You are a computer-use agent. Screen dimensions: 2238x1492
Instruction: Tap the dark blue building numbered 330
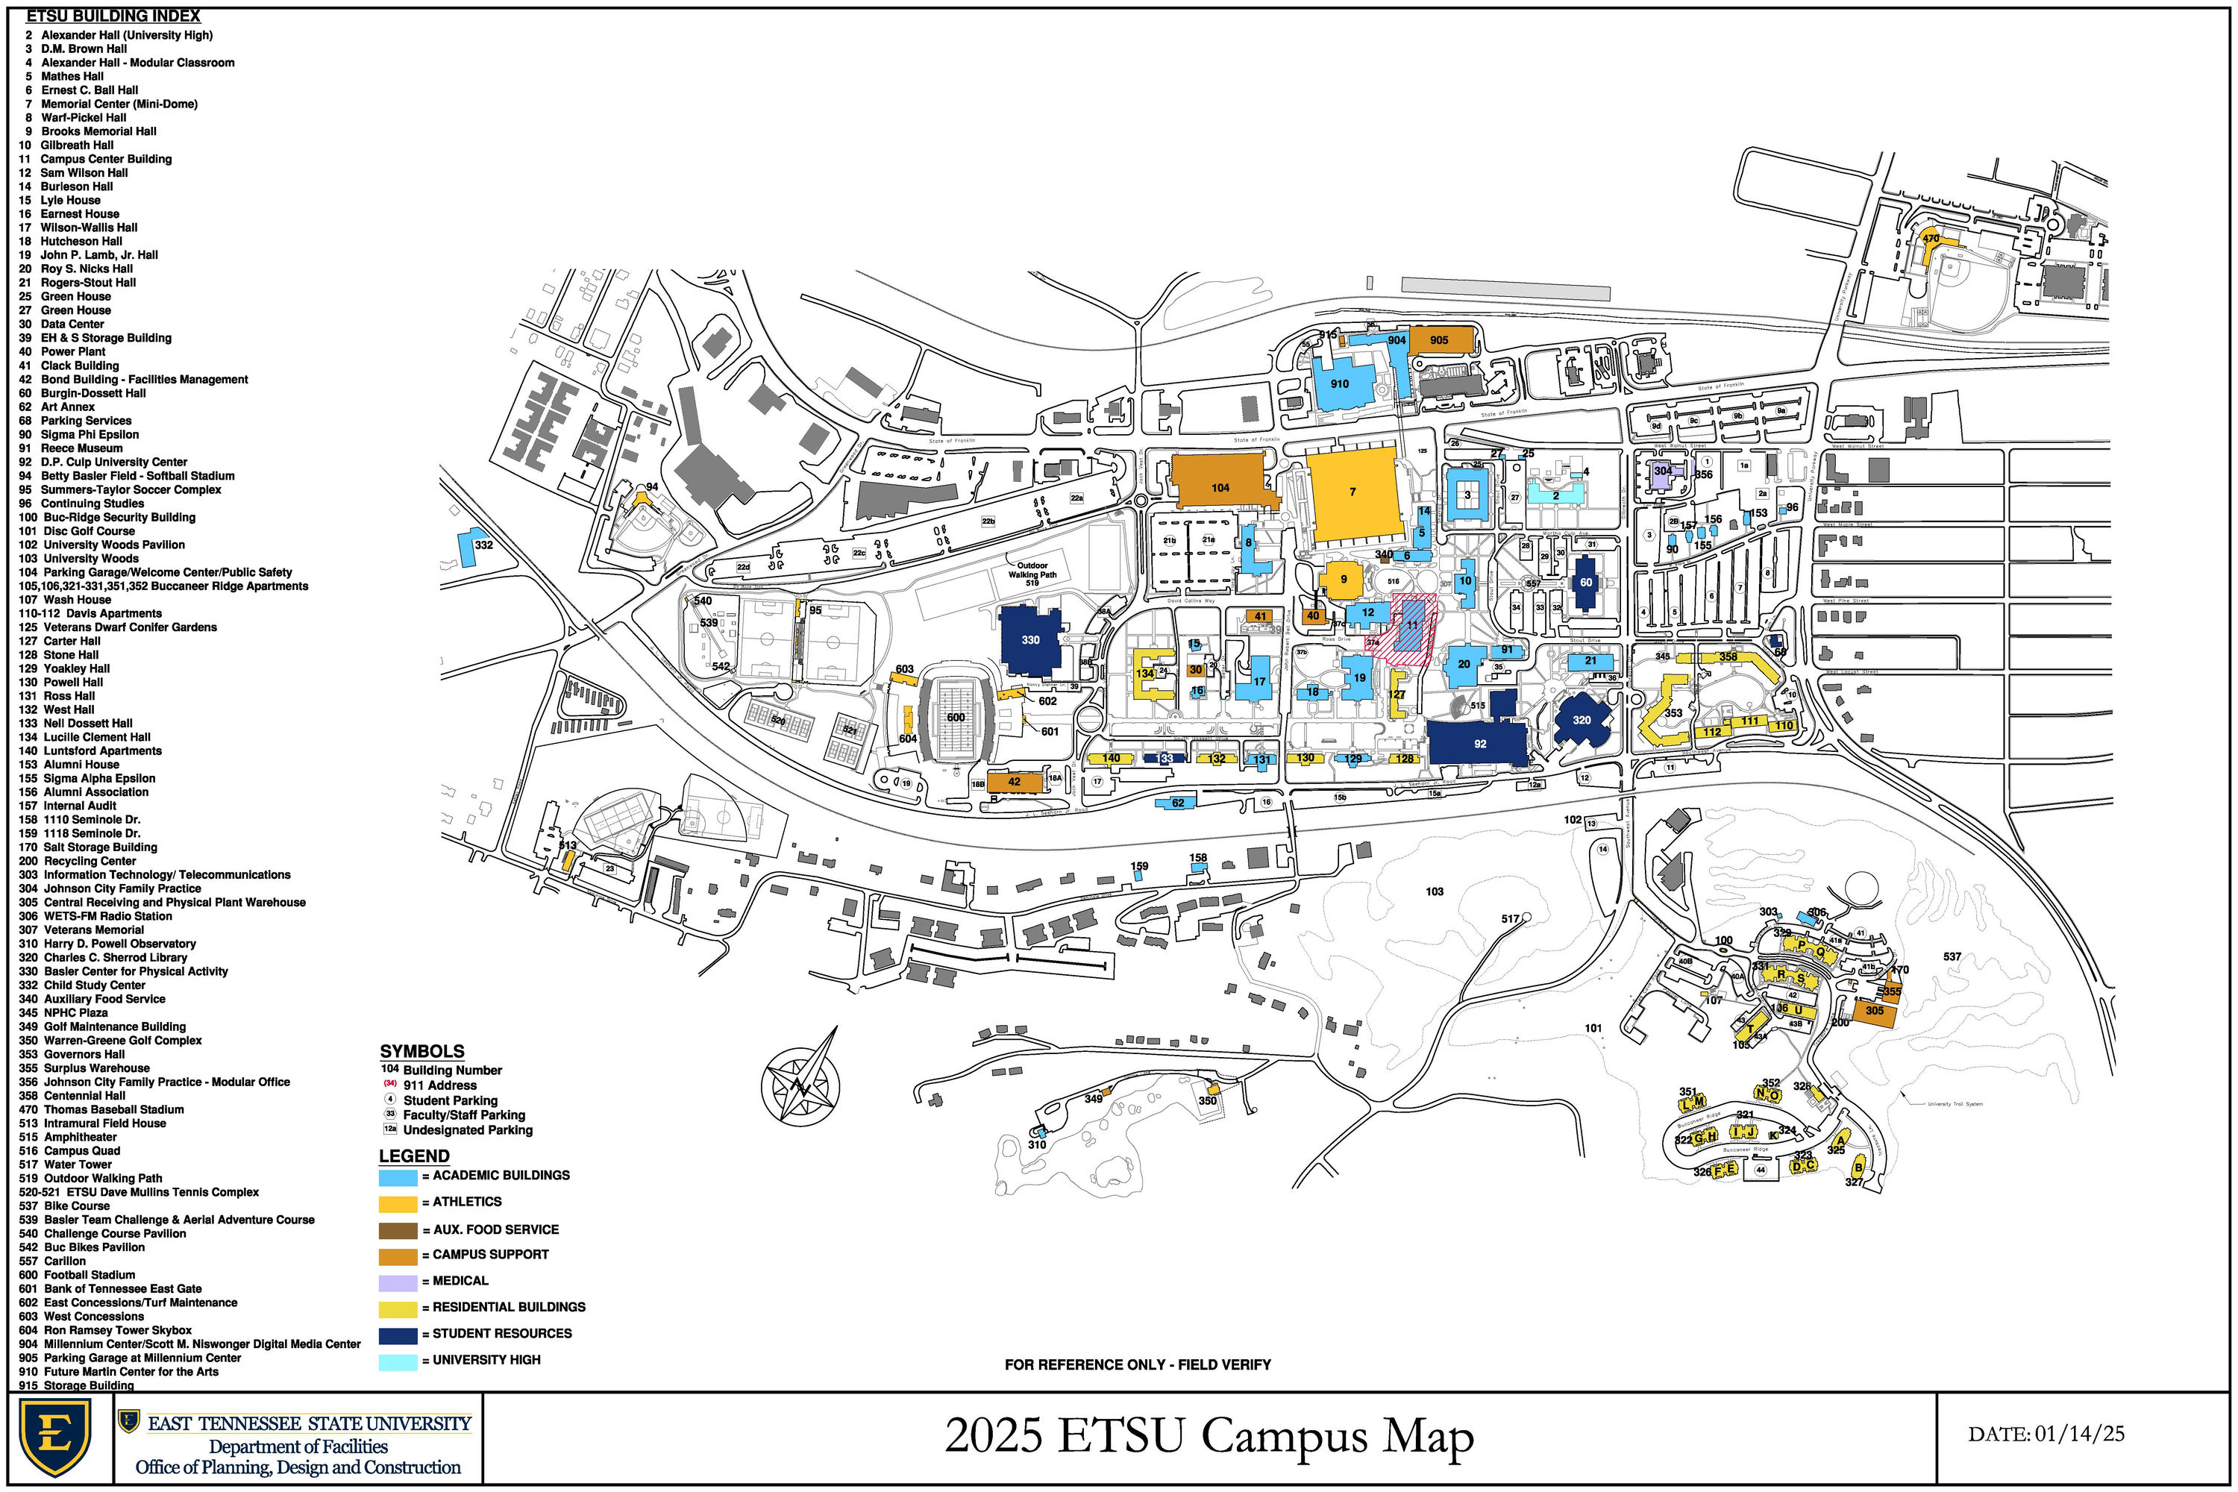[x=1029, y=639]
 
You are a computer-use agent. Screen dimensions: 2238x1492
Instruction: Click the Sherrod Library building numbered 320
[x=1582, y=721]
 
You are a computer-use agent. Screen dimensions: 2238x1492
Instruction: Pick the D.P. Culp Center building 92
[x=1477, y=742]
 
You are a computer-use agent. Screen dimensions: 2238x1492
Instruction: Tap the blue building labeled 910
[x=1341, y=383]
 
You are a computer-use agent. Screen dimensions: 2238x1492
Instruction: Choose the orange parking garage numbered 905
[x=1440, y=339]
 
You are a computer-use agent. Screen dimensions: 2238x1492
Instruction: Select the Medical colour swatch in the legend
[x=398, y=1282]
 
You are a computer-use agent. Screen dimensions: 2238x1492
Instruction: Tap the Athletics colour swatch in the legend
[x=398, y=1203]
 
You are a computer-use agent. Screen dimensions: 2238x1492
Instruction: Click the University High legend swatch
[x=398, y=1361]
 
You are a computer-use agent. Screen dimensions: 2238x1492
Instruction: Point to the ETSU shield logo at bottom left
[x=55, y=1437]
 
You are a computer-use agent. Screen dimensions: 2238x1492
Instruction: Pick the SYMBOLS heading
[x=421, y=1051]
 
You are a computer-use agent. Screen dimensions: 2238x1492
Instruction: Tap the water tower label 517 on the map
[x=1510, y=919]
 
